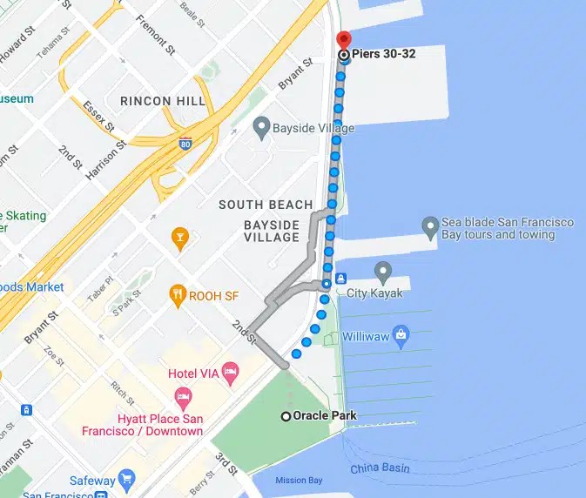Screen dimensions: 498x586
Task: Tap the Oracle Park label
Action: coord(325,416)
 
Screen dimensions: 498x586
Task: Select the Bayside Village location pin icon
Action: coord(260,129)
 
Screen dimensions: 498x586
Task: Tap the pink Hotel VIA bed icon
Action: coord(230,373)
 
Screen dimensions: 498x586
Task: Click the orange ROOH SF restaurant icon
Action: coord(179,293)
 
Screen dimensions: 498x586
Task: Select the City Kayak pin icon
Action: coord(382,272)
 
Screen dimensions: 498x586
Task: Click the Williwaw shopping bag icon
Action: coord(401,333)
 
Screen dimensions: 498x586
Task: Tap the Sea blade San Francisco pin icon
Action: coord(429,228)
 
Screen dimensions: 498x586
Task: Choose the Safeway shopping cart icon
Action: coord(127,480)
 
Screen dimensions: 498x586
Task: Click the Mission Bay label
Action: coord(299,481)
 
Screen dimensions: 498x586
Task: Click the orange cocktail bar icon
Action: coord(179,237)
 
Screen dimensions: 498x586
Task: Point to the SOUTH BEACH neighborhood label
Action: coord(266,205)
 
